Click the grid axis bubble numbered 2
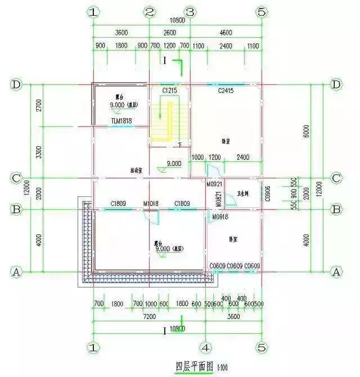pyautogui.click(x=150, y=12)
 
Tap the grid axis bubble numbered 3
pyautogui.click(x=190, y=12)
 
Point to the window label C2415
pyautogui.click(x=225, y=90)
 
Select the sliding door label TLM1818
pyautogui.click(x=121, y=120)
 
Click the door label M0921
pyautogui.click(x=214, y=184)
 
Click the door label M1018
pyautogui.click(x=151, y=204)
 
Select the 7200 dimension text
pyautogui.click(x=149, y=317)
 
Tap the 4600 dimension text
pyautogui.click(x=224, y=32)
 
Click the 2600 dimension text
pyautogui.click(x=169, y=32)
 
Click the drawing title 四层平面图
pyautogui.click(x=194, y=366)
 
